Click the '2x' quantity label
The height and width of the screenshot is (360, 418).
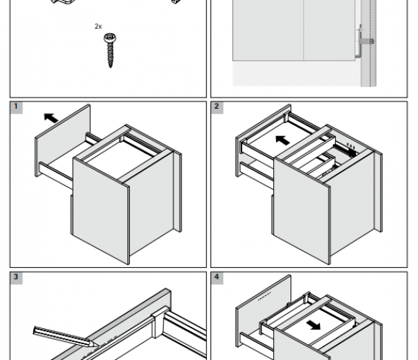click(98, 27)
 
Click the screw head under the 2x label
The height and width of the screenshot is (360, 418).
click(110, 38)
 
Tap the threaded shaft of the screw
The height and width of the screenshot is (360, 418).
click(110, 55)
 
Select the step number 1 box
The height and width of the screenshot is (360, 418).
click(16, 107)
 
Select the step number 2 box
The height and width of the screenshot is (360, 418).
click(217, 107)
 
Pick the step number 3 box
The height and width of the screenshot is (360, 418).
click(16, 278)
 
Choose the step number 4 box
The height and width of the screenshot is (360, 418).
click(217, 278)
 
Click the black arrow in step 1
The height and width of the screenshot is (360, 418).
click(50, 117)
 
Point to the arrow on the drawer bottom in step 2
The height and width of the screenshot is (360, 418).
click(283, 140)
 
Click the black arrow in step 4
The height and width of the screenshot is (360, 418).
click(313, 325)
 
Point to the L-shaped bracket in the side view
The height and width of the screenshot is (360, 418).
click(360, 45)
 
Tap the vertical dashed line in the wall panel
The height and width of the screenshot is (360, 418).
click(370, 43)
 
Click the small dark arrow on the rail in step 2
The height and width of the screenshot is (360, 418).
click(352, 153)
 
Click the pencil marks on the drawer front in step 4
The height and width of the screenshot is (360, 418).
click(264, 296)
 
